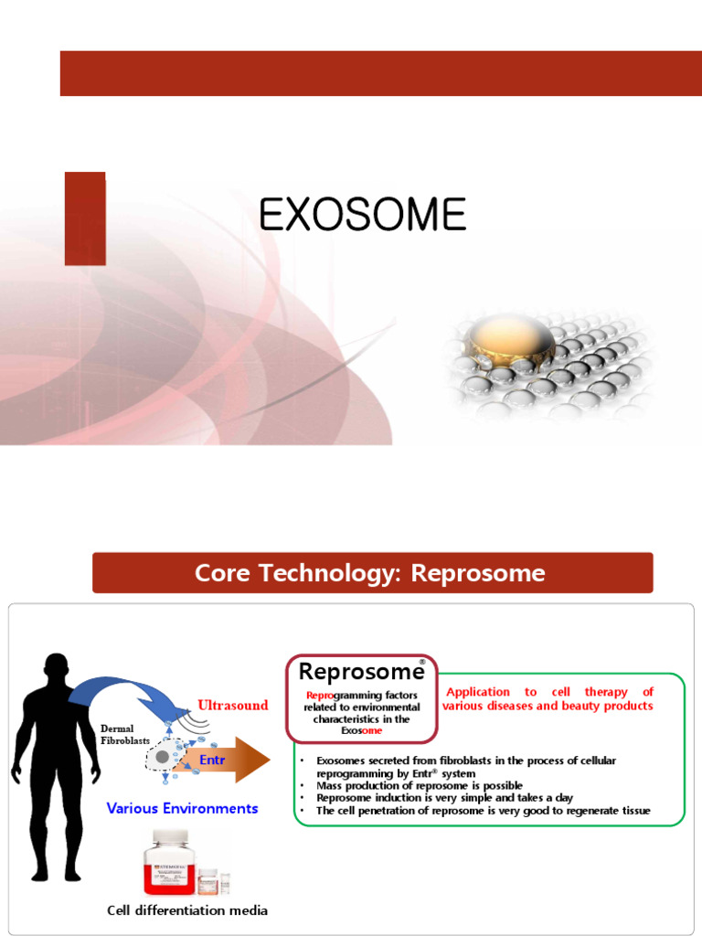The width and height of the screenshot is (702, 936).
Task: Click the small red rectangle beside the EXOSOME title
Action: coord(85,218)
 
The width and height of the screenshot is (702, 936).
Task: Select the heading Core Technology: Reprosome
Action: coord(370,573)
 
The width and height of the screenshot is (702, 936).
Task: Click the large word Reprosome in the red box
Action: coord(361,672)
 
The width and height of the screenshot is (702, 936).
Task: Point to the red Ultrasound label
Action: coord(233,705)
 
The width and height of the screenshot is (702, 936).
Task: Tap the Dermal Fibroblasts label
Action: coord(124,734)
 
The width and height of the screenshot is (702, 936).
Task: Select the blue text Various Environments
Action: coord(182,808)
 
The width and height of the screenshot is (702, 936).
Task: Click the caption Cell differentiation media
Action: coord(187,910)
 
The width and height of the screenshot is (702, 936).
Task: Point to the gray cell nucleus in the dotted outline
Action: coord(163,757)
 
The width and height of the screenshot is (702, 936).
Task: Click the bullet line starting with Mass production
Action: coord(420,785)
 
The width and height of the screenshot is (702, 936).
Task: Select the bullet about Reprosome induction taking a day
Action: coord(444,798)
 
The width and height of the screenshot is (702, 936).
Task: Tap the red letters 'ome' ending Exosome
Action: coord(372,730)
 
